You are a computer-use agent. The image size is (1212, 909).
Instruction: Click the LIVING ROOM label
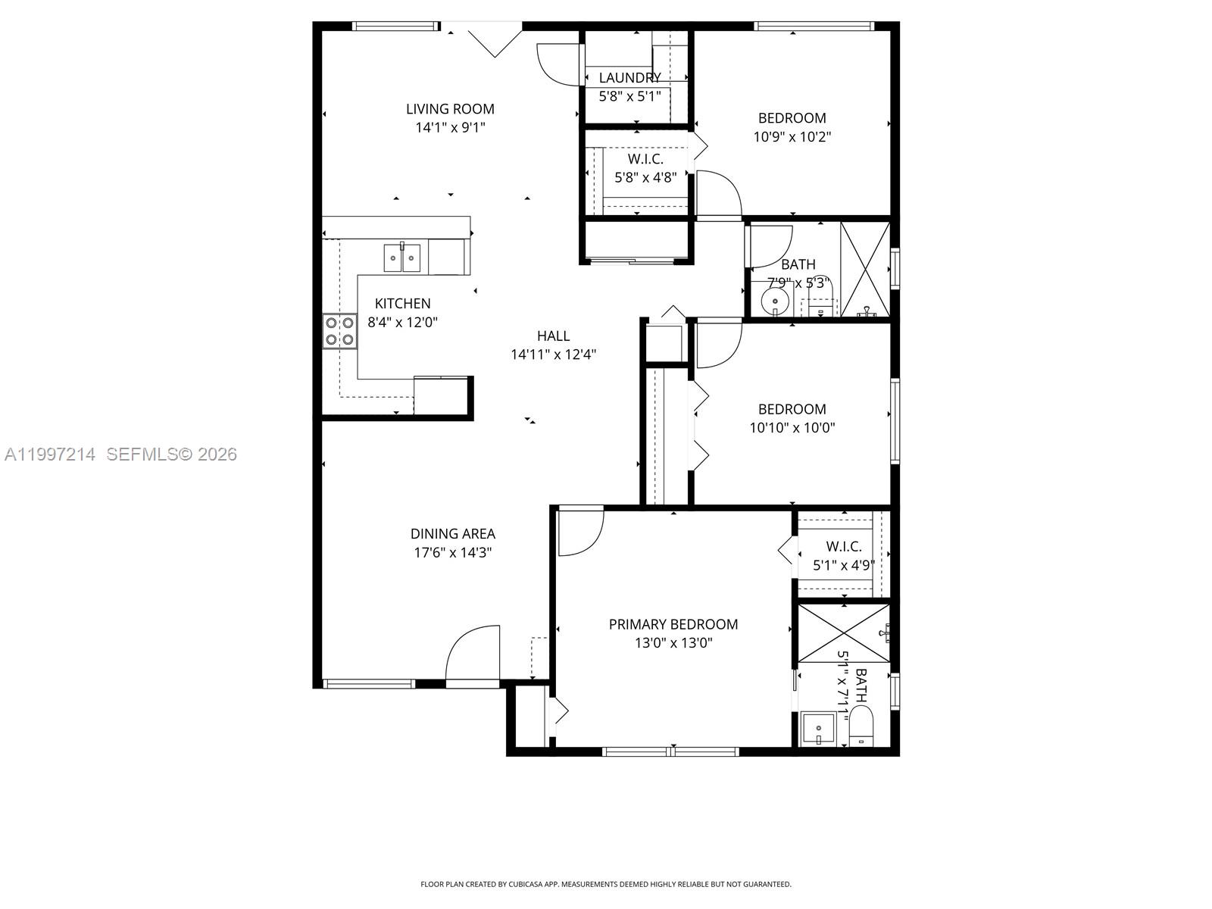click(x=450, y=109)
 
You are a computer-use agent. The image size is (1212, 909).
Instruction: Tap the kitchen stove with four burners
click(x=339, y=331)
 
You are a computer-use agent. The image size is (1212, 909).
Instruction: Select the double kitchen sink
click(x=401, y=258)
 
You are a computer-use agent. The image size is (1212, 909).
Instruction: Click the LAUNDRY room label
click(x=629, y=78)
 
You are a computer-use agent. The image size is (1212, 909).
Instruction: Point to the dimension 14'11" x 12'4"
click(x=553, y=355)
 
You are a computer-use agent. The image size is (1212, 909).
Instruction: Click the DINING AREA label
click(x=452, y=534)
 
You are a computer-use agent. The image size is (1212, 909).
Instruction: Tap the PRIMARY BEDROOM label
click(x=673, y=624)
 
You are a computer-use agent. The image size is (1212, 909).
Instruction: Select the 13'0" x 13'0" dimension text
click(x=673, y=643)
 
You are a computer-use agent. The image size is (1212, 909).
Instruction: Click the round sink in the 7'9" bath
click(x=775, y=301)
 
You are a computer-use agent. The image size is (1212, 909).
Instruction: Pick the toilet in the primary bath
click(x=861, y=726)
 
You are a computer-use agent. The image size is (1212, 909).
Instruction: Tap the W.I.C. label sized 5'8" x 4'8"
click(x=645, y=159)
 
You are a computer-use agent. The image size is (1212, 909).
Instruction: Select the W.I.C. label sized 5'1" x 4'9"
click(x=843, y=546)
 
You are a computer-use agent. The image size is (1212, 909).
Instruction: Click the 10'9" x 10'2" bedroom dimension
click(x=792, y=137)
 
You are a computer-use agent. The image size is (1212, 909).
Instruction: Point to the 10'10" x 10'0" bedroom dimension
click(x=792, y=427)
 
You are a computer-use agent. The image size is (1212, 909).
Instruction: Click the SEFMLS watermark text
click(x=171, y=454)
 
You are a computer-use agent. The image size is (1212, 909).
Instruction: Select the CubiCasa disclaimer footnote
click(x=605, y=884)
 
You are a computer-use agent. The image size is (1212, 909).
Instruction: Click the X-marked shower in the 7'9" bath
click(x=865, y=269)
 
